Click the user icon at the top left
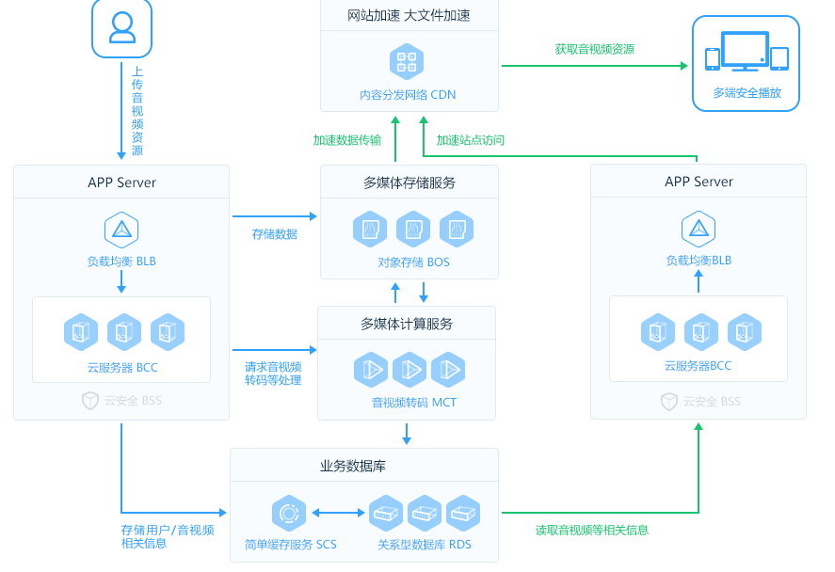(121, 28)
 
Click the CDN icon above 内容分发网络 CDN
(407, 62)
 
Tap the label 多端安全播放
(747, 93)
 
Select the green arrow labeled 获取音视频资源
(594, 65)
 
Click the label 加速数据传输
(347, 140)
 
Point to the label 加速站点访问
(471, 140)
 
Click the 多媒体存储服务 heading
(409, 182)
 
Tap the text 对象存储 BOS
(414, 262)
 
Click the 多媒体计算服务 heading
(407, 324)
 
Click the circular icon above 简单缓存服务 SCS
(288, 514)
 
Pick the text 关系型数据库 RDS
(425, 544)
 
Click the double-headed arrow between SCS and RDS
(338, 514)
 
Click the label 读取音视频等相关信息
(591, 530)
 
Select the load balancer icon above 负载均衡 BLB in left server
(121, 230)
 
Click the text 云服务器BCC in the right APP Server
(698, 365)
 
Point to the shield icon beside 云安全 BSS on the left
(90, 401)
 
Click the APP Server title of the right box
(699, 182)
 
